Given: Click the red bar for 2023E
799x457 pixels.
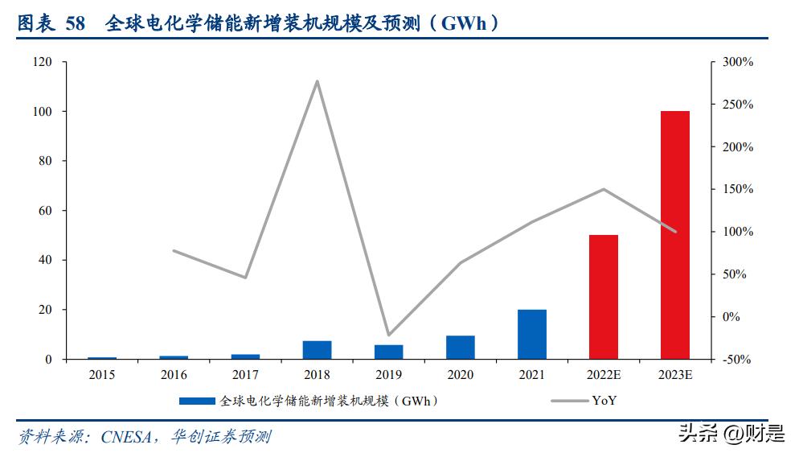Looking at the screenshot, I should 674,235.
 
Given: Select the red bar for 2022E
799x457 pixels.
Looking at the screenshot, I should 603,297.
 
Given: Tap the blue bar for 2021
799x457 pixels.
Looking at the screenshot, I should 532,334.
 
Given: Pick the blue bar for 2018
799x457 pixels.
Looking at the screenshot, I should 317,350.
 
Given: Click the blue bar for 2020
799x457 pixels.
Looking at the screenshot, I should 461,347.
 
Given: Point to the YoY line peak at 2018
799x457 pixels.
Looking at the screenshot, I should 317,81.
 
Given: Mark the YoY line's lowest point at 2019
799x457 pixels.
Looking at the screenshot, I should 389,335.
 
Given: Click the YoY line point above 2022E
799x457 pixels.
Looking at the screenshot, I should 603,189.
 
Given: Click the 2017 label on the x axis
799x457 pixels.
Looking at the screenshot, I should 245,375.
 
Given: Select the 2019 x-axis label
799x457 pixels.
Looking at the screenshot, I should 388,375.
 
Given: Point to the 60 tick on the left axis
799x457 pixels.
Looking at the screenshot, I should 44,211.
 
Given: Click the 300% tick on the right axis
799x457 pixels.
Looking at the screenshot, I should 737,62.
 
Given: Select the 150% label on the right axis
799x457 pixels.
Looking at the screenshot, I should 737,190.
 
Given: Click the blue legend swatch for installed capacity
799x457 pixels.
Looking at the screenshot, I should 197,401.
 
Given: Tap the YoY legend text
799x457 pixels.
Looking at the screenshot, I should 604,401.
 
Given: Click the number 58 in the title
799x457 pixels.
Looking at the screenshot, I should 75,24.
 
